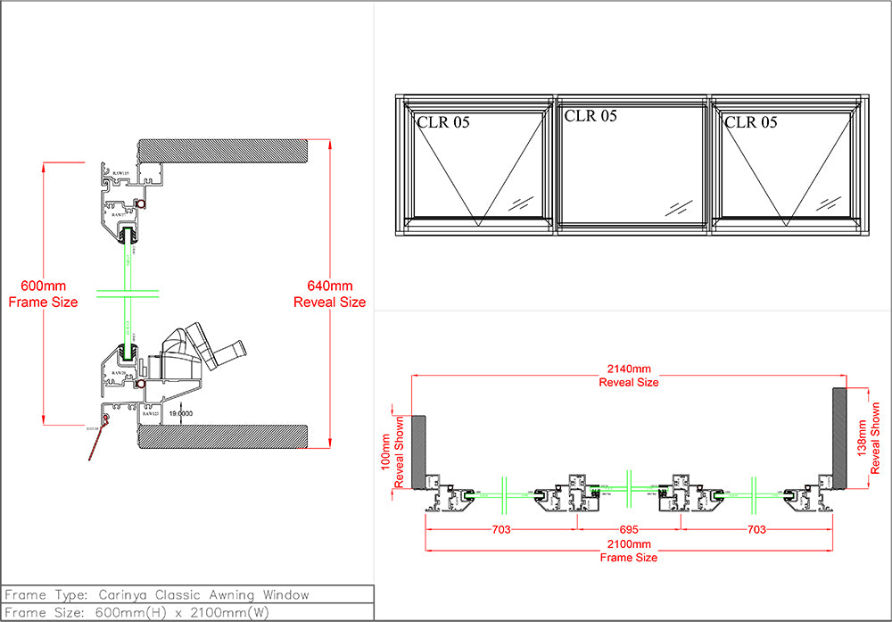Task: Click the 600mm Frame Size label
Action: click(x=43, y=294)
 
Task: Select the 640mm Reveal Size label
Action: click(x=329, y=294)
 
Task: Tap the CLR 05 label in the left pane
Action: click(x=443, y=122)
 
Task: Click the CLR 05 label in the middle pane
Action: click(x=591, y=116)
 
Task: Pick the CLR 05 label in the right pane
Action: click(x=751, y=122)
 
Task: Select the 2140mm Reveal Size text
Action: click(x=628, y=375)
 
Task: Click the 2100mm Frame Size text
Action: click(x=628, y=551)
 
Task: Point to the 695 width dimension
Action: click(x=628, y=529)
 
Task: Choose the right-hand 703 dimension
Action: click(x=756, y=529)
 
